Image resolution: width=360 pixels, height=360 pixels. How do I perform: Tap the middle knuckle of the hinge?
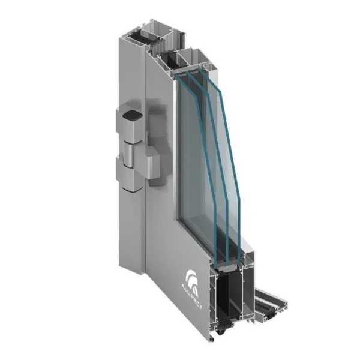click(129, 155)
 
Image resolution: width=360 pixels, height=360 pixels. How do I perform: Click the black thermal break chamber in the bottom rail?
click(228, 296)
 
